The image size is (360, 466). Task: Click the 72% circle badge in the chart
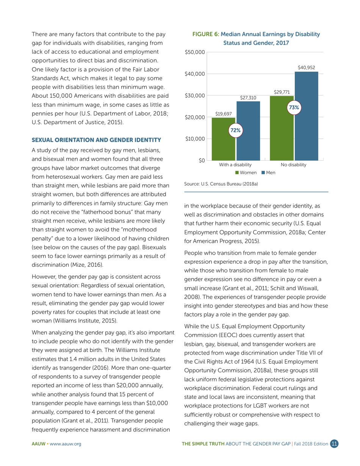tap(236, 130)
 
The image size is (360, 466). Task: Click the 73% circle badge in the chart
tap(294, 107)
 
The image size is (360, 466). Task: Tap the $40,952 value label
tap(306, 67)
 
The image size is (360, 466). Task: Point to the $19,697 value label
tap(224, 113)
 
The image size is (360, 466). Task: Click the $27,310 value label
tap(248, 97)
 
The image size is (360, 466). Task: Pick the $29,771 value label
tap(282, 92)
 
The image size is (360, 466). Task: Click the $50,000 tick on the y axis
tap(195, 52)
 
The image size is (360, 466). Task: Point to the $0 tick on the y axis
tap(202, 161)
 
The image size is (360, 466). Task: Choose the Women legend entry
tap(246, 173)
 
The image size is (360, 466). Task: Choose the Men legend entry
tap(268, 173)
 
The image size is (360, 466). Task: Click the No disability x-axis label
tap(294, 165)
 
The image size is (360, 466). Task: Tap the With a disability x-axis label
tap(235, 165)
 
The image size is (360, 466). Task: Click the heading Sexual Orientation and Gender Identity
tap(97, 140)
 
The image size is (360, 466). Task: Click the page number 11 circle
tap(334, 444)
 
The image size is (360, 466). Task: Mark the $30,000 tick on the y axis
tap(195, 95)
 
